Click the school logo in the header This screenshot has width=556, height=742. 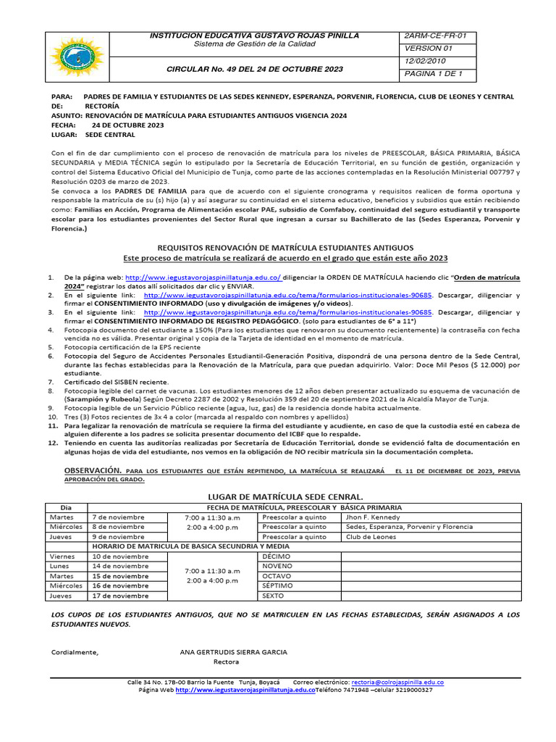click(x=76, y=57)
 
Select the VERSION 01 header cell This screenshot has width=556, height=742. click(x=427, y=48)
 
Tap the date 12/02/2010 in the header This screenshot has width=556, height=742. click(x=426, y=61)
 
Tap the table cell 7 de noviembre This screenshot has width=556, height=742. click(x=119, y=517)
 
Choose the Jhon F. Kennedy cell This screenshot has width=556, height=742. click(x=373, y=517)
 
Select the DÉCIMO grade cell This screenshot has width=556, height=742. click(x=277, y=556)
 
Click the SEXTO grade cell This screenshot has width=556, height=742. click(x=273, y=596)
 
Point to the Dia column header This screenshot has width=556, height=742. click(x=66, y=507)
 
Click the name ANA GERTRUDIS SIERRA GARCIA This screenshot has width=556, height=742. click(x=233, y=651)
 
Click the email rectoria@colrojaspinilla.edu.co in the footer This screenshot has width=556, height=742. click(x=397, y=683)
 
